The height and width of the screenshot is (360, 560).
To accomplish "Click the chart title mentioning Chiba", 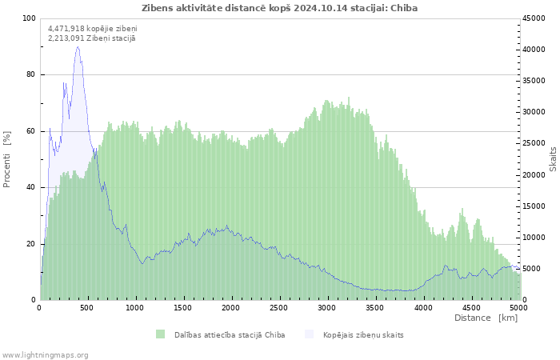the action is (280, 8).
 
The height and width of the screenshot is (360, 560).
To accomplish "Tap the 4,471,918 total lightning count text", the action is (93, 29).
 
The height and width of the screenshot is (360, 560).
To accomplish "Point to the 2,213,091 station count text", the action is (92, 38).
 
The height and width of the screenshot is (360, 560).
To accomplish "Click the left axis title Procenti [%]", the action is (6, 159).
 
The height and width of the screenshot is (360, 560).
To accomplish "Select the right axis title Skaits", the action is (553, 159).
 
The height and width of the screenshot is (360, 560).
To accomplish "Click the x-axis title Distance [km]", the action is (486, 318).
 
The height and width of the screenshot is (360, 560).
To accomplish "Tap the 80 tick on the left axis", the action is (30, 74).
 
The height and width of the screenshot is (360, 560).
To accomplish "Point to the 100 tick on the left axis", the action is (29, 18).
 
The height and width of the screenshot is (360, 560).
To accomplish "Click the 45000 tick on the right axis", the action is (534, 18).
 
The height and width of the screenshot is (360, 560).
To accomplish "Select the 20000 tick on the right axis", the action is (534, 175).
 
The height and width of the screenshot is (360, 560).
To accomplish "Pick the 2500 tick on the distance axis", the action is (278, 308).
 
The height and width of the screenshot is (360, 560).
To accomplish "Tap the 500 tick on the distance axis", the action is (86, 308).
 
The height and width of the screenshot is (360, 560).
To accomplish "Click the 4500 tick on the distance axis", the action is (470, 308).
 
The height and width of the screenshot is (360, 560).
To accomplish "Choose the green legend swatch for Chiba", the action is (160, 334).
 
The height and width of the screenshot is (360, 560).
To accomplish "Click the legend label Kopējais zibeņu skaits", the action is (363, 335).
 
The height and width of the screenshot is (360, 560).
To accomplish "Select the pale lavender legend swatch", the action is (309, 334).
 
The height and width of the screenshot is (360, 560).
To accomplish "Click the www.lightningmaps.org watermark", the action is (44, 355).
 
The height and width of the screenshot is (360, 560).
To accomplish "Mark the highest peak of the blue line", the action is (78, 46).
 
